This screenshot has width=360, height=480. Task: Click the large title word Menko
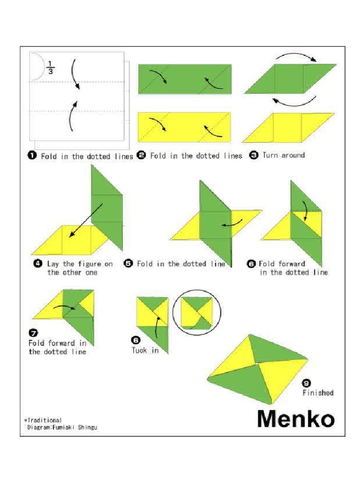(296, 419)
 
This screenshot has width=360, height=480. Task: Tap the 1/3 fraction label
(51, 67)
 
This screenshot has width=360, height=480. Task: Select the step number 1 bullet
(33, 156)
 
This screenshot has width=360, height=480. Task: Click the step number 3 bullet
(254, 155)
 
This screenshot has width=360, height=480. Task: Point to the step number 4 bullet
(38, 263)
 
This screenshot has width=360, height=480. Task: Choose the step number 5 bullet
(128, 263)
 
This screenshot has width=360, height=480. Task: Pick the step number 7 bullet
(33, 333)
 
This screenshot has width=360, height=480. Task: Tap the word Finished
(318, 393)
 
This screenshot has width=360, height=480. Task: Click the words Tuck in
(145, 350)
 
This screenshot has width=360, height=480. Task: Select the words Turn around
(284, 155)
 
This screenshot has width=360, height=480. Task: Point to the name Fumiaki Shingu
(75, 427)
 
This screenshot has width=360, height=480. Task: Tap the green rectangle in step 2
(185, 79)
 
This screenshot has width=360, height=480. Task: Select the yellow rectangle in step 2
(184, 127)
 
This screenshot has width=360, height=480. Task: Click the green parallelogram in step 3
(289, 79)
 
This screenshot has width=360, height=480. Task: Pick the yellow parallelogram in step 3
(288, 127)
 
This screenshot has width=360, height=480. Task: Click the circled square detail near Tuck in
(196, 312)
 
